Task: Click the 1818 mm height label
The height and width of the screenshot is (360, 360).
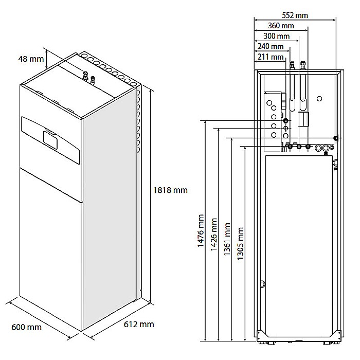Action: pyautogui.click(x=170, y=190)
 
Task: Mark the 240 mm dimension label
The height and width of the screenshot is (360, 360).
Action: pyautogui.click(x=270, y=47)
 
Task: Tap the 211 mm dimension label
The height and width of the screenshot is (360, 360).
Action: pyautogui.click(x=270, y=57)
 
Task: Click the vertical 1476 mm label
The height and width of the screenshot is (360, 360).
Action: pyautogui.click(x=202, y=232)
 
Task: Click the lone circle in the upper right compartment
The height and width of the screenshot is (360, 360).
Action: pyautogui.click(x=319, y=98)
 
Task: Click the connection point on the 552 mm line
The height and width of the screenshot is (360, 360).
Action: pyautogui.click(x=335, y=138)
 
